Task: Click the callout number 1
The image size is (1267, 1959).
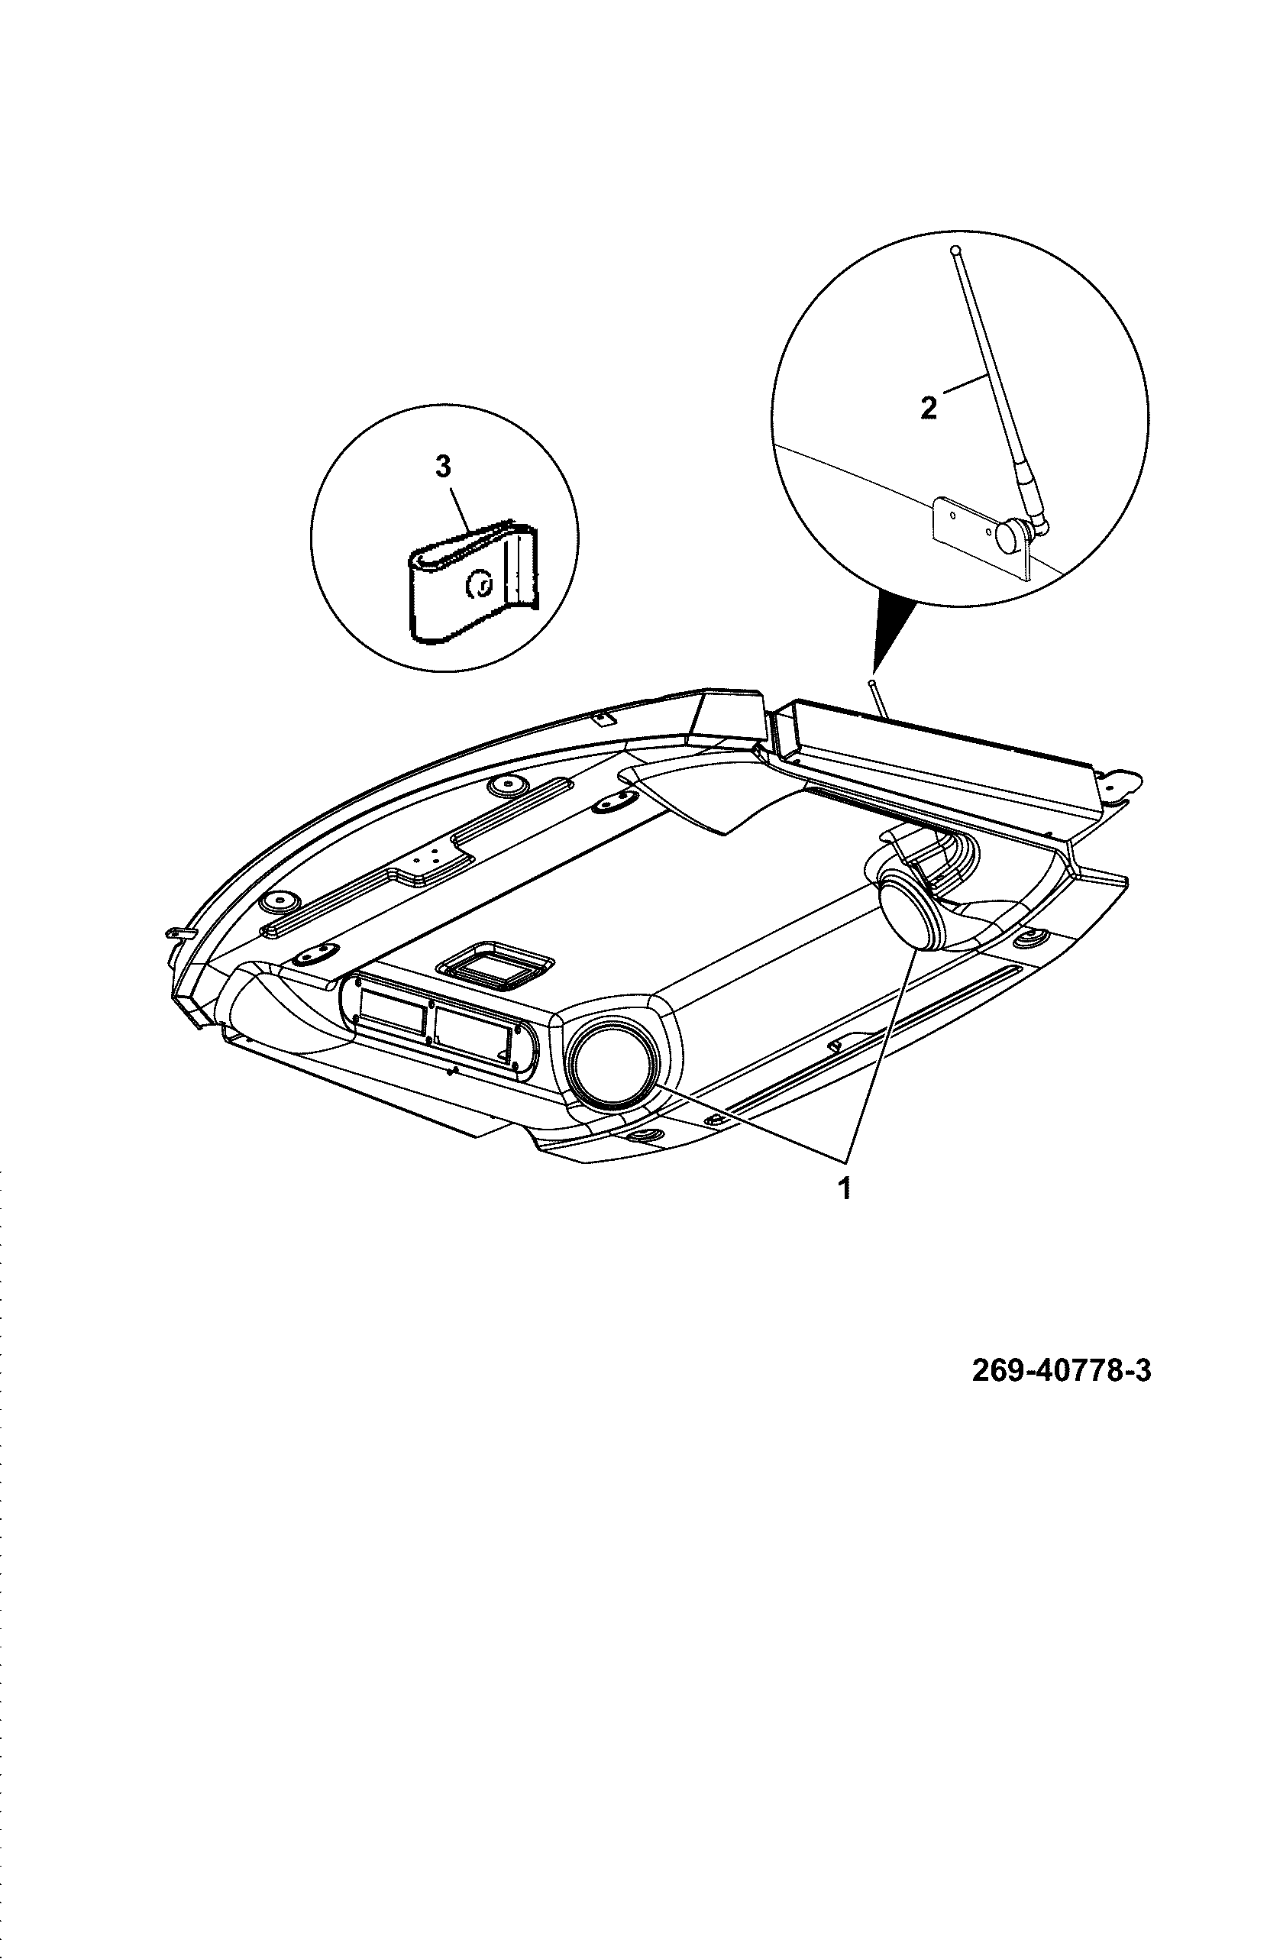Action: click(844, 1189)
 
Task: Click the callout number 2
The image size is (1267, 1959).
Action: click(929, 408)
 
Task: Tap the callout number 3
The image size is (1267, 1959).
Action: click(444, 467)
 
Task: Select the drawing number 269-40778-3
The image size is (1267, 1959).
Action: click(1062, 1371)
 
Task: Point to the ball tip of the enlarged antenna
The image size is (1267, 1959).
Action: click(955, 250)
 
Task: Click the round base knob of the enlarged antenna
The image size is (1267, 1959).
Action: click(1010, 536)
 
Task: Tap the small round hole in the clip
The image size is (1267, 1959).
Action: click(477, 585)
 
